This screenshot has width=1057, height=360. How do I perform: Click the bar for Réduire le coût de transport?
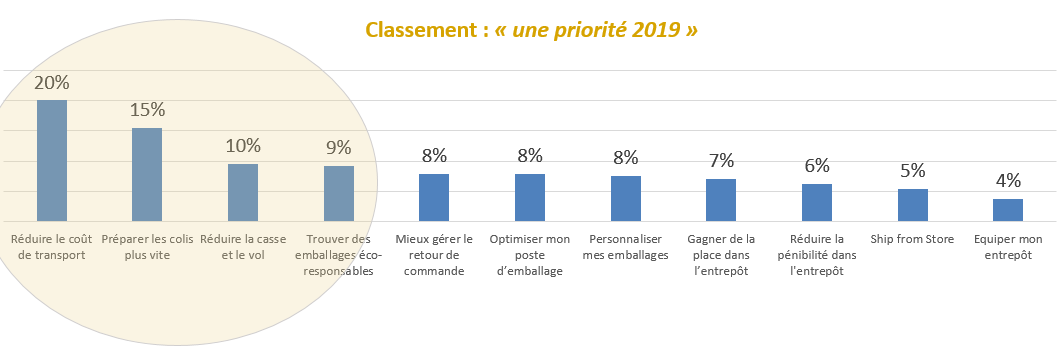click(x=52, y=161)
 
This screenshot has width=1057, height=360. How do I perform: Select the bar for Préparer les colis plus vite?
click(x=147, y=175)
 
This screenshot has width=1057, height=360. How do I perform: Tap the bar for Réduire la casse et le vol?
click(x=243, y=193)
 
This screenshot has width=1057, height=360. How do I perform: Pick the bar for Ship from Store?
click(x=912, y=205)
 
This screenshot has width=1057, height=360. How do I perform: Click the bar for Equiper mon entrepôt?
click(x=1008, y=210)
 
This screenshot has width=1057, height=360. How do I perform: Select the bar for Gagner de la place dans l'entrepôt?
click(x=721, y=200)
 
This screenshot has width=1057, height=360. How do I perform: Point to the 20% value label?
click(x=52, y=83)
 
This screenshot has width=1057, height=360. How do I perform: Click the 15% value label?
click(x=147, y=110)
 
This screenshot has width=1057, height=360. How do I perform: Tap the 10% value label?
click(x=243, y=146)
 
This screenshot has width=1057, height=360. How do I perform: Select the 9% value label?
click(x=339, y=148)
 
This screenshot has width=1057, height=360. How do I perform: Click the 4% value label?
click(x=1008, y=181)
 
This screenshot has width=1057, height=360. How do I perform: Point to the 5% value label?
click(x=912, y=171)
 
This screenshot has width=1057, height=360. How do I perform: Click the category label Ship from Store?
click(x=912, y=239)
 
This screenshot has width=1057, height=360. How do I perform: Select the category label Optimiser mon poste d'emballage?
click(x=530, y=255)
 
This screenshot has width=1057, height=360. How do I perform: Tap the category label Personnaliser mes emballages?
click(x=625, y=247)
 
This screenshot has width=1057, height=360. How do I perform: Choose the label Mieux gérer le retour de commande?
click(x=434, y=255)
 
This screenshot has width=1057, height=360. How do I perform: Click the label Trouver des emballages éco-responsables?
click(x=339, y=255)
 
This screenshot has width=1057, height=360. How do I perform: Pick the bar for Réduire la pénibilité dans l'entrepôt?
click(x=817, y=203)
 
